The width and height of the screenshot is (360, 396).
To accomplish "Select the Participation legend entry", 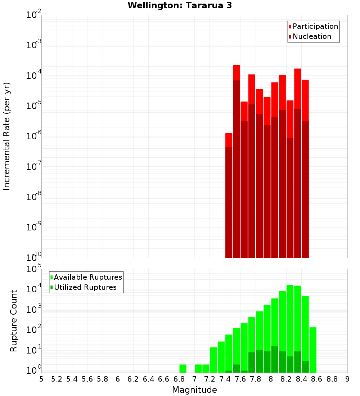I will click(315, 26).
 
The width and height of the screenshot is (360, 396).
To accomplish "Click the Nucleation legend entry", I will click(311, 36).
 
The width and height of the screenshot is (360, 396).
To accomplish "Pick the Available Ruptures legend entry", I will click(87, 277).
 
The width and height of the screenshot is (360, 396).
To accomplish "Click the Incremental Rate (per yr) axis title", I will click(7, 136).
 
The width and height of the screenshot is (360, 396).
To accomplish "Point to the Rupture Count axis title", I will click(14, 321).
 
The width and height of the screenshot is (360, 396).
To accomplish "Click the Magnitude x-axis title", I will click(194, 390).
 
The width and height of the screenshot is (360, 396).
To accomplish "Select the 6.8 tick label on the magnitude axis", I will click(179, 379).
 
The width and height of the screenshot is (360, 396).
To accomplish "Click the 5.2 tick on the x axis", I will click(57, 379).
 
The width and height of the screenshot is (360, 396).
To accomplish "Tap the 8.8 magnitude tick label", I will click(332, 379).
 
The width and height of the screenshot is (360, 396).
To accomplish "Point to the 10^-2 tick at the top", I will click(34, 15).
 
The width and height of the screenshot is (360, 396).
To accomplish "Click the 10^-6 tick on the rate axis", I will click(34, 136).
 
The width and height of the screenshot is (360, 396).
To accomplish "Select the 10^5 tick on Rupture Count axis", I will click(34, 269).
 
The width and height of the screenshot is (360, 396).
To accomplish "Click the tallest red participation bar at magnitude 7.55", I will click(237, 72).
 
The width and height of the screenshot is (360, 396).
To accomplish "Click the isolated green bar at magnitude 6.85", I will click(183, 368).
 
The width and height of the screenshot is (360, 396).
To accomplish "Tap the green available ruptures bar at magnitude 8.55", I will click(313, 349).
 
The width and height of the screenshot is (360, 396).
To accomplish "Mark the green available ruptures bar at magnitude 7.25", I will click(213, 360).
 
